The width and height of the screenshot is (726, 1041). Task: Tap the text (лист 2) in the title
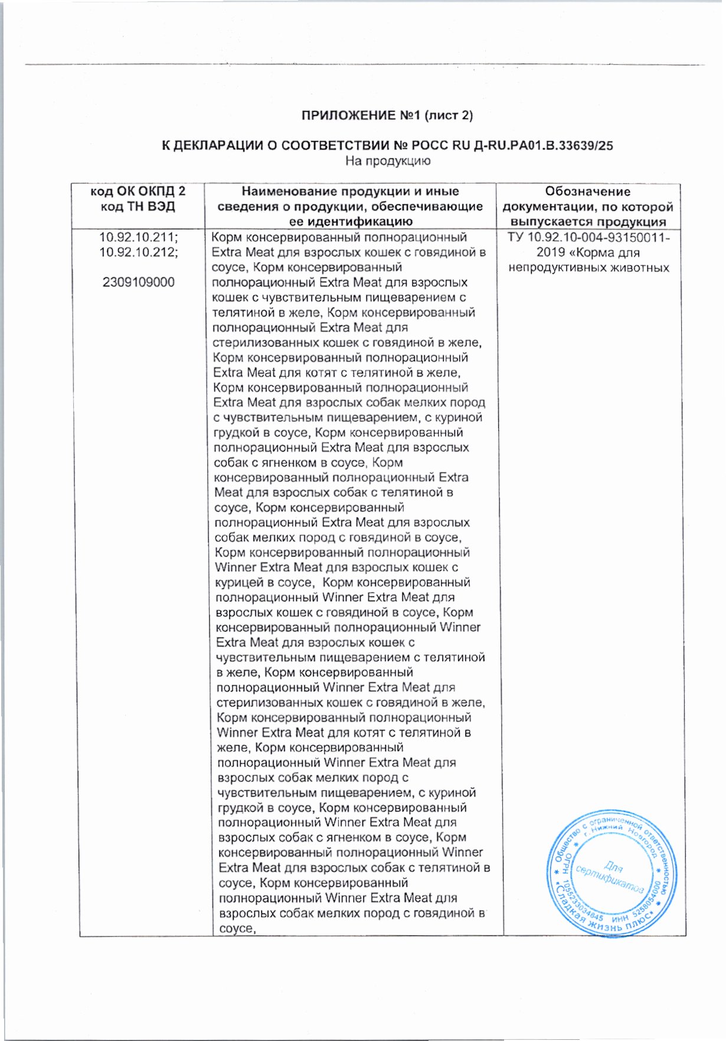(449, 116)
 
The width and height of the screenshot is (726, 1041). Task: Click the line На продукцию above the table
(388, 161)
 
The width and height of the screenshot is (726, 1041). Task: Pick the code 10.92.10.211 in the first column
(138, 237)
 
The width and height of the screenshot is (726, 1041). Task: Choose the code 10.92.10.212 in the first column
(138, 253)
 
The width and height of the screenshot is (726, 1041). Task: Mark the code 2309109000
(138, 283)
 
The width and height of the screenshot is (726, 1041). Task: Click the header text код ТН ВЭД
(138, 207)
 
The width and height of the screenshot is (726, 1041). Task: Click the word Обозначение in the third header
(587, 192)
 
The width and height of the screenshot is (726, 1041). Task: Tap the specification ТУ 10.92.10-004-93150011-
(588, 238)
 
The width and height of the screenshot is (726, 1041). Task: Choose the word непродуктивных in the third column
(555, 268)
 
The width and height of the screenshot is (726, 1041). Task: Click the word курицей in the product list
(239, 583)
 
